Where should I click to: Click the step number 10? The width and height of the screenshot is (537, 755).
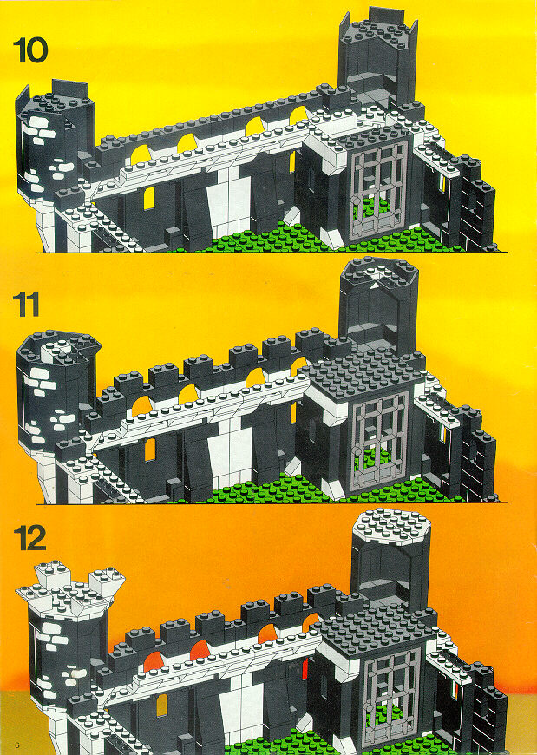30,50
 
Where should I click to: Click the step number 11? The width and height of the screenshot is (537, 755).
26,305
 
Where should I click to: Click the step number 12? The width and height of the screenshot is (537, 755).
29,538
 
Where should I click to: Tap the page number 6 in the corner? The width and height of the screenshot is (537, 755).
16,745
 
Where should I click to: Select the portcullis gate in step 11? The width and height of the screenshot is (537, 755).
380,440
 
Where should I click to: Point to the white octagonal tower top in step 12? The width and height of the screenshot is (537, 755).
390,526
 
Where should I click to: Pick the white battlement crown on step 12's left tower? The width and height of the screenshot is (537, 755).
71,590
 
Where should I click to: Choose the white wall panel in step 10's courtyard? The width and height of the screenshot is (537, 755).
229,206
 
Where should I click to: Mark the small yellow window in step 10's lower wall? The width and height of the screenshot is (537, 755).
149,199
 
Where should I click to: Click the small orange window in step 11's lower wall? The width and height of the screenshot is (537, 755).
150,450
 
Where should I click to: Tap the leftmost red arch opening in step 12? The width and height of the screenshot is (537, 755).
154,662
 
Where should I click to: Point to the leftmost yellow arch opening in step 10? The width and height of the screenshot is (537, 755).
141,155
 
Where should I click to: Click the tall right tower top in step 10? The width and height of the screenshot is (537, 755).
378,30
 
